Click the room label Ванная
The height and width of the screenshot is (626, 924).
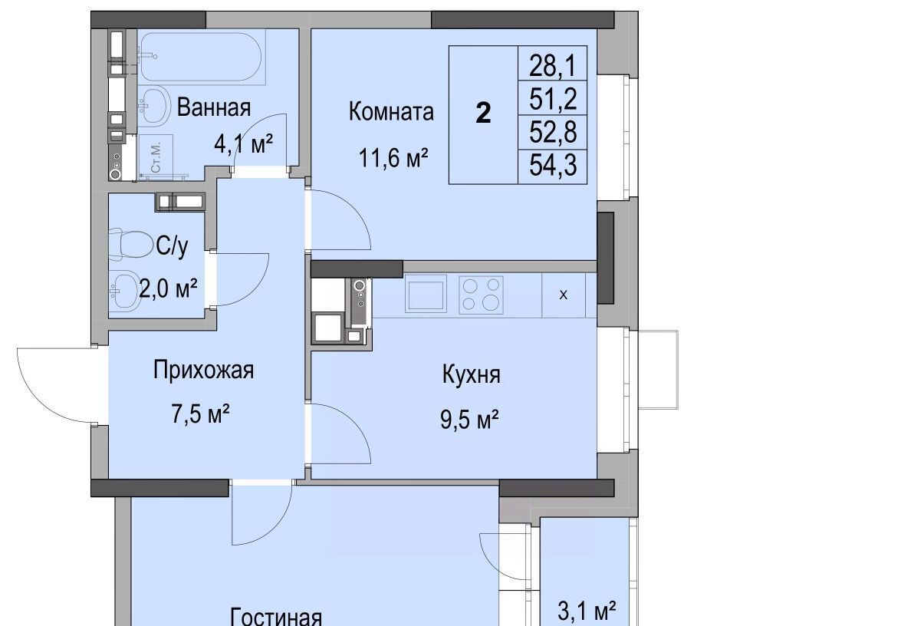214,107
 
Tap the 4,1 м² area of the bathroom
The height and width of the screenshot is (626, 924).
243,144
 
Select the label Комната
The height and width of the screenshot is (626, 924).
391,111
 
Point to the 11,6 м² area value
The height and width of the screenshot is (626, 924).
393,158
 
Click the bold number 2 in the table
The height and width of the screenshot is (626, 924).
483,113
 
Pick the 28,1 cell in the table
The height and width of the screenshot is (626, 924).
552,65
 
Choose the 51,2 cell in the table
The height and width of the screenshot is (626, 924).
552,99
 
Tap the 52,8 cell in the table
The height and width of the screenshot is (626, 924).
552,132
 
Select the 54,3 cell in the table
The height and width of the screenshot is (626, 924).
552,165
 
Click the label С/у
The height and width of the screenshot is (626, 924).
172,246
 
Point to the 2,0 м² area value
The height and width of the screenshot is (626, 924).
168,288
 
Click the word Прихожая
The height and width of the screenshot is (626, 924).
203,370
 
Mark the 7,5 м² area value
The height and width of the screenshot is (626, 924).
200,414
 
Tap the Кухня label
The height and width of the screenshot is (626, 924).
471,374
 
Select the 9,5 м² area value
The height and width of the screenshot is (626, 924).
469,420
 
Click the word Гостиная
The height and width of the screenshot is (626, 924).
275,618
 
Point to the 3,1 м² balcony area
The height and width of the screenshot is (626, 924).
587,611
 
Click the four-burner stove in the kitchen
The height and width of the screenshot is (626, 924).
481,295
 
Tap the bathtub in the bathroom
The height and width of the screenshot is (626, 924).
202,57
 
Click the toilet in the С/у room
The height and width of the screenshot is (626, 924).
129,244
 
